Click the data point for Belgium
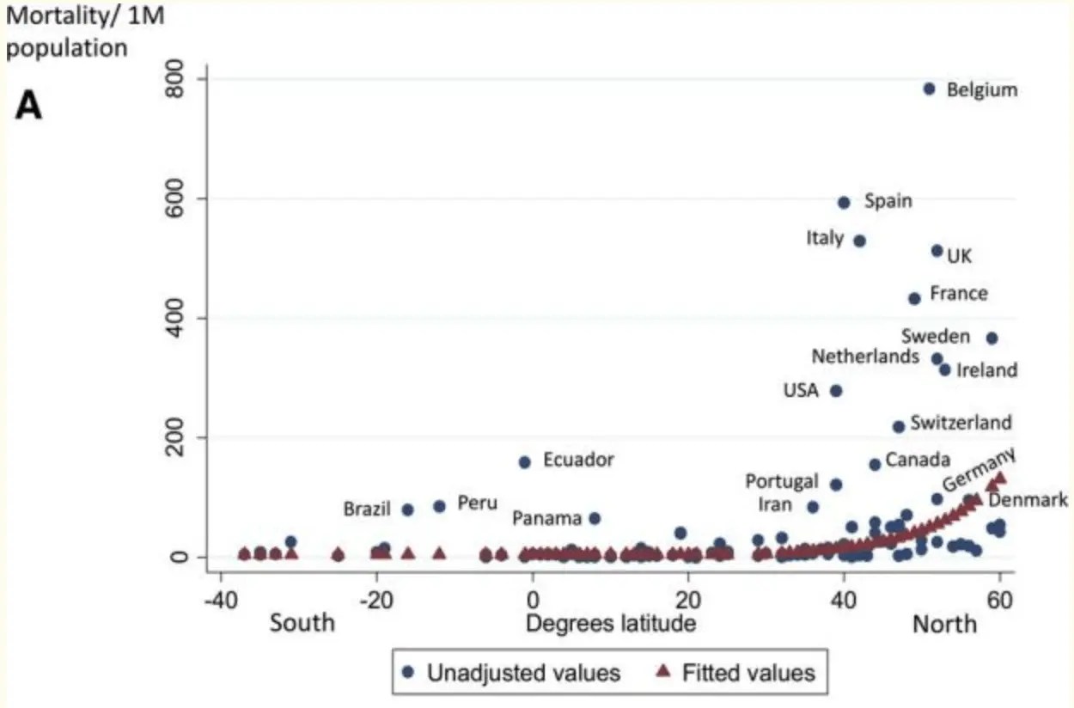pyautogui.click(x=929, y=88)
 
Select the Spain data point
pyautogui.click(x=844, y=203)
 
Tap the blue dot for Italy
pyautogui.click(x=859, y=241)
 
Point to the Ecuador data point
pyautogui.click(x=525, y=462)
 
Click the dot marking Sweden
pyautogui.click(x=992, y=339)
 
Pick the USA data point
pyautogui.click(x=836, y=391)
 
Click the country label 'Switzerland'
pyautogui.click(x=961, y=423)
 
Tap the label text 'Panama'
pyautogui.click(x=546, y=519)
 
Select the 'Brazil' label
pyautogui.click(x=367, y=509)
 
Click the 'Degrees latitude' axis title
pyautogui.click(x=610, y=623)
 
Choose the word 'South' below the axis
pyautogui.click(x=302, y=623)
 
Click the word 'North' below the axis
pyautogui.click(x=944, y=623)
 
